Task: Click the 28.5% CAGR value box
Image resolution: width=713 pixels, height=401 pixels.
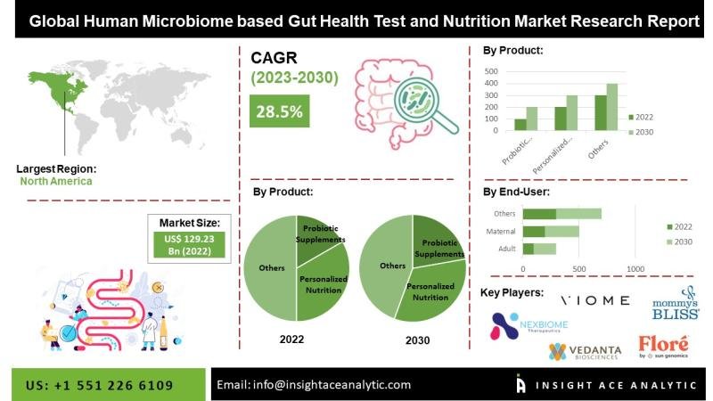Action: pyautogui.click(x=280, y=111)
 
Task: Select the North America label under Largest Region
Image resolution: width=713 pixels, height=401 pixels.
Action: pyautogui.click(x=56, y=181)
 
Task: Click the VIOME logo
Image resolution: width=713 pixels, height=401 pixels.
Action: pyautogui.click(x=594, y=300)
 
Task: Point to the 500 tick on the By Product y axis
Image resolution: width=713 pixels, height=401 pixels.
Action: pyautogui.click(x=492, y=70)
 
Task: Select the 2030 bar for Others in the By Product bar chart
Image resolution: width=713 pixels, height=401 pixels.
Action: pyautogui.click(x=611, y=107)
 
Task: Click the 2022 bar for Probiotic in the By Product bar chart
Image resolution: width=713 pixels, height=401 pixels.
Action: pyautogui.click(x=520, y=125)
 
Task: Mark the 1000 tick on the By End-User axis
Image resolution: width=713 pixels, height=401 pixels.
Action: pyautogui.click(x=635, y=268)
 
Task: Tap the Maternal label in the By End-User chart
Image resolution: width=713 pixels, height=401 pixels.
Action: pyautogui.click(x=500, y=232)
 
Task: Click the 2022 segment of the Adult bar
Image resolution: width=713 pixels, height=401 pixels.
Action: pyautogui.click(x=528, y=248)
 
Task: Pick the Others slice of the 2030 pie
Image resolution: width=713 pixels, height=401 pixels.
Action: pyautogui.click(x=391, y=267)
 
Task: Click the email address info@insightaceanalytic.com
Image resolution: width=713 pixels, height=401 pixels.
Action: pyautogui.click(x=314, y=385)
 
